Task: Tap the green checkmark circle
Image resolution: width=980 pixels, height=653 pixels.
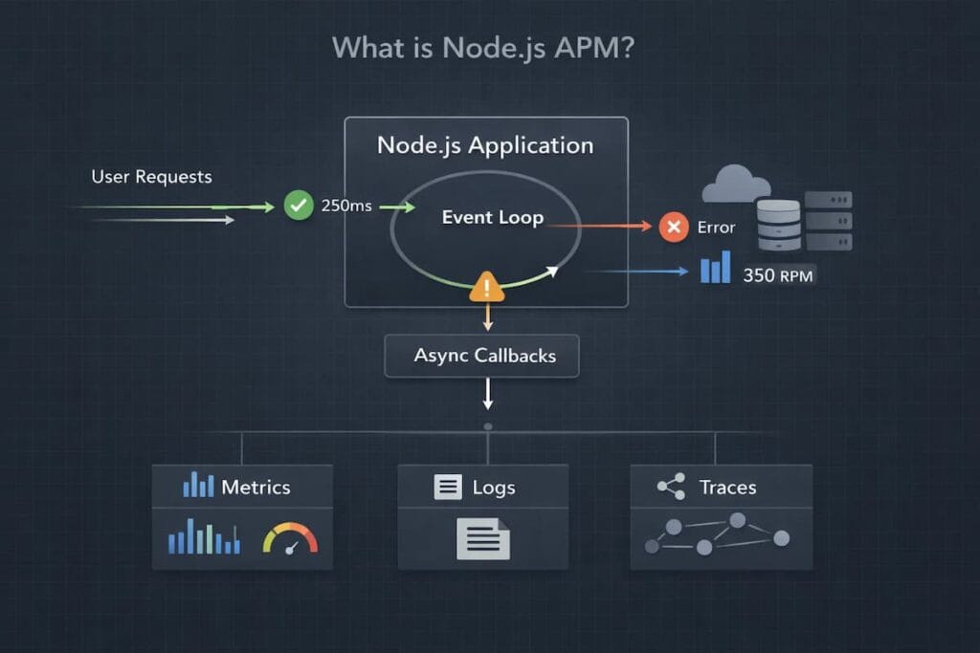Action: [x=299, y=205]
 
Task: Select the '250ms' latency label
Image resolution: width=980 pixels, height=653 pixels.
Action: [x=345, y=206]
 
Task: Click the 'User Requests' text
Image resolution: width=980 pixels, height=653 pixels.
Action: [x=151, y=177]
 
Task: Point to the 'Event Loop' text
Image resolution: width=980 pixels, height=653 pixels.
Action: [x=492, y=217]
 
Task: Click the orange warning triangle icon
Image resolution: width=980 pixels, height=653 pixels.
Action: [x=487, y=286]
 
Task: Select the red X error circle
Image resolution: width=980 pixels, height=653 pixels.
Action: [x=674, y=227]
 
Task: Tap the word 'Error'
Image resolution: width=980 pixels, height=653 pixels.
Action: [x=716, y=228]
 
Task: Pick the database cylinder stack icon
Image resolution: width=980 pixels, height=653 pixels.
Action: [x=777, y=226]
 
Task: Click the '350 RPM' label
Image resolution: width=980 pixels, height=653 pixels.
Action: [x=779, y=275]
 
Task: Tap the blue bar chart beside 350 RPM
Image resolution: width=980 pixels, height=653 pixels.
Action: [x=715, y=268]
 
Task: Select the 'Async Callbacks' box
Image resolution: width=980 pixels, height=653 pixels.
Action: [x=484, y=356]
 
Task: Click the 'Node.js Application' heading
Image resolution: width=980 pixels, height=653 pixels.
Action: [x=485, y=145]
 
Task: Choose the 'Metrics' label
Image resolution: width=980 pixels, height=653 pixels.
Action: [x=256, y=487]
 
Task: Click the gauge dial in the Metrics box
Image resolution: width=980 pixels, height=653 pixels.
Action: [x=290, y=538]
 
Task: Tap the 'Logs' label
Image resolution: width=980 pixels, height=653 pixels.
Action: [x=494, y=488]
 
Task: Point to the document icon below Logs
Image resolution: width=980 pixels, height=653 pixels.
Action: [x=482, y=538]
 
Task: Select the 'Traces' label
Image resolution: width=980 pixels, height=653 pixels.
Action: [x=727, y=488]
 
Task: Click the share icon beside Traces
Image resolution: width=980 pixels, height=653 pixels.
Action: [x=671, y=487]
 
